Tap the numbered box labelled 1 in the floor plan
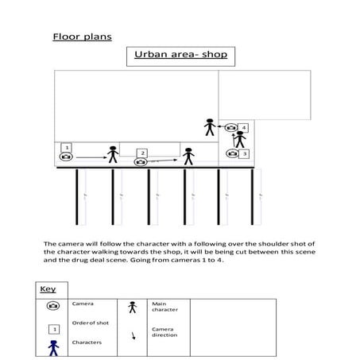67,147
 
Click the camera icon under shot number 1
67,158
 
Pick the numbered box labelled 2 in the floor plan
142,153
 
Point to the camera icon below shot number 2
141,163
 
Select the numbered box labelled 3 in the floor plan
245,153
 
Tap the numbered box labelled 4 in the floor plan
243,127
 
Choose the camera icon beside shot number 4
230,127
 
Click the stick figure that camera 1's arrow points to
113,155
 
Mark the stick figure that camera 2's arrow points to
188,156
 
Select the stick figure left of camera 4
210,126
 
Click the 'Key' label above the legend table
48,289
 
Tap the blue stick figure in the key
53,347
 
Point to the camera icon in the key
53,306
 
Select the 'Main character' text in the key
162,307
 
